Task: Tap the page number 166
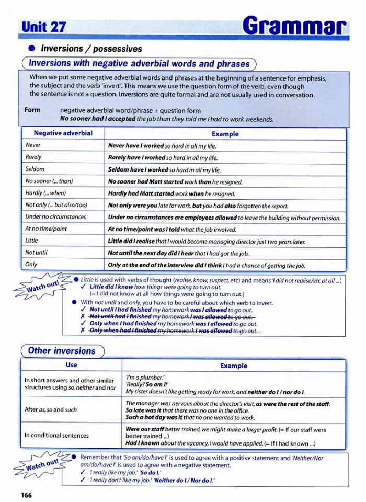(x=26, y=495)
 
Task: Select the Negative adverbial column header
(x=63, y=133)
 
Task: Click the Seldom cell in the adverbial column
(x=35, y=169)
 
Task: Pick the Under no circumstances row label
(x=56, y=216)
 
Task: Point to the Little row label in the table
(x=31, y=241)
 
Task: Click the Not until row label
(x=36, y=253)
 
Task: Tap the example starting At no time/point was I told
(x=172, y=229)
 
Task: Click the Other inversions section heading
(x=62, y=351)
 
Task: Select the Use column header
(x=72, y=365)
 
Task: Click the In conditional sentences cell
(x=56, y=435)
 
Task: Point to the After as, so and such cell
(x=51, y=409)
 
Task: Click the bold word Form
(x=32, y=110)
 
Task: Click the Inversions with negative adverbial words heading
(x=139, y=64)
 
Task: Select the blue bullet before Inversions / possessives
(x=31, y=49)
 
